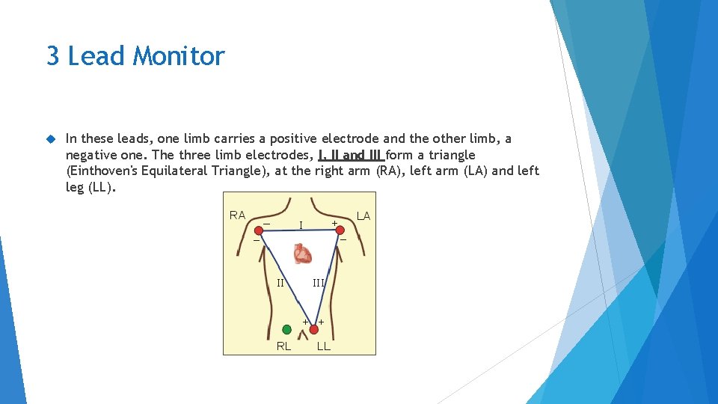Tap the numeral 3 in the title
point(53,56)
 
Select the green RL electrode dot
point(286,329)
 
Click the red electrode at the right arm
point(259,231)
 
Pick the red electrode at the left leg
point(313,329)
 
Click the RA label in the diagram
point(237,215)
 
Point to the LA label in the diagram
point(363,216)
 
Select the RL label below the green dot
point(284,346)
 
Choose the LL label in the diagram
point(324,346)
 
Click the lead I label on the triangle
point(301,224)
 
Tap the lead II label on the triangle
point(280,283)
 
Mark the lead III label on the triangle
point(319,283)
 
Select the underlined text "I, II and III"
point(351,155)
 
